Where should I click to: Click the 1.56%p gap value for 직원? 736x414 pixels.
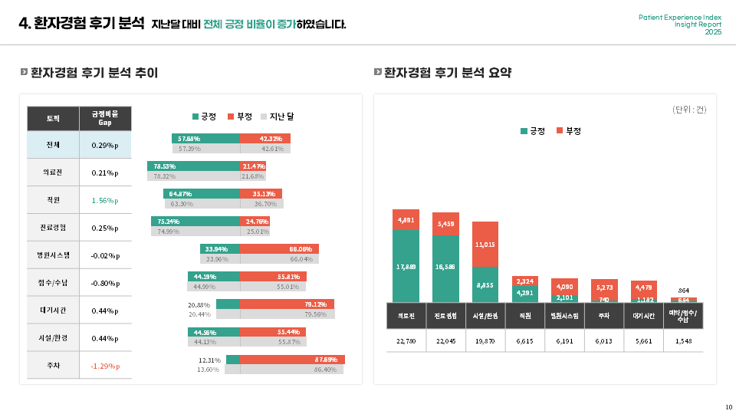[x=105, y=200]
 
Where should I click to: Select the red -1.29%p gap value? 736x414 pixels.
[x=105, y=366]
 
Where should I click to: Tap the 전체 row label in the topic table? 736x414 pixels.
[x=53, y=145]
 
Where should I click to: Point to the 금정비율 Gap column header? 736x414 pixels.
[x=105, y=118]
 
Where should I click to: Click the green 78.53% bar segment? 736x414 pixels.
[x=194, y=166]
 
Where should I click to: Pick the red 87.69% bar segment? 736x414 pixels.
[x=292, y=360]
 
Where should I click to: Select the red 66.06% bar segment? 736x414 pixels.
[x=279, y=248]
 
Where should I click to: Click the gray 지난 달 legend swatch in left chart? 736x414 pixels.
[x=264, y=117]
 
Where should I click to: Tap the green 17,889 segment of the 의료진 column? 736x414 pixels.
[x=406, y=266]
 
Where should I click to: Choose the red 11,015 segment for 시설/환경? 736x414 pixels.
[x=485, y=244]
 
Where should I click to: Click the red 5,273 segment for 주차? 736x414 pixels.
[x=604, y=288]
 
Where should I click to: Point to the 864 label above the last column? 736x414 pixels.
[x=683, y=291]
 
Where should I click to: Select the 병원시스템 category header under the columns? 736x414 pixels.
[x=565, y=315]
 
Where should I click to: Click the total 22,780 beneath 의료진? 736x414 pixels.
[x=406, y=341]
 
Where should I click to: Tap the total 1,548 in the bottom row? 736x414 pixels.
[x=683, y=341]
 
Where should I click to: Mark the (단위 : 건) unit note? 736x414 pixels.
[x=689, y=110]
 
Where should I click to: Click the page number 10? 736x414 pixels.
[x=728, y=406]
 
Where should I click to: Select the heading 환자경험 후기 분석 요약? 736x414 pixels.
[x=447, y=73]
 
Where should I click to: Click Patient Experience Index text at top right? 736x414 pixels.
[x=679, y=17]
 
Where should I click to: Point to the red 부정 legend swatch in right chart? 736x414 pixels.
[x=560, y=131]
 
